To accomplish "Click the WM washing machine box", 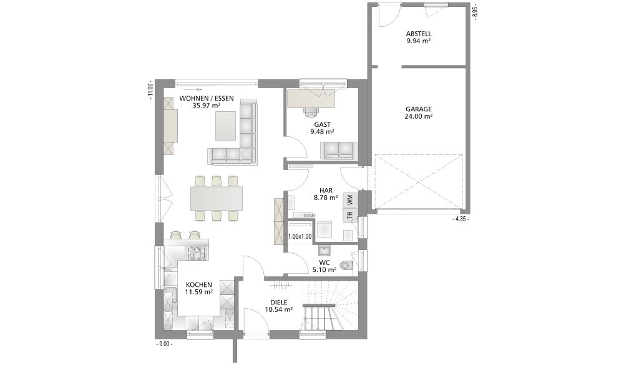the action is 351,199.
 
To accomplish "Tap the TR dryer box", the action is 351,215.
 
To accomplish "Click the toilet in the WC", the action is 346,264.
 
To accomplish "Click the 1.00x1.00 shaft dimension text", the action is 300,236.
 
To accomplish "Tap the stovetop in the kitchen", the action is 196,253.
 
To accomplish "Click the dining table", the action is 217,198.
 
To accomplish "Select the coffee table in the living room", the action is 226,126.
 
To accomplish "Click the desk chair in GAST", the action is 311,111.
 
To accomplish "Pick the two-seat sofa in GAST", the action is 339,150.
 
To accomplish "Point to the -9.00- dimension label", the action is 163,344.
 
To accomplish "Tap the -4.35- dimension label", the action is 461,219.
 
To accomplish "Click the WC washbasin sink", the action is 324,250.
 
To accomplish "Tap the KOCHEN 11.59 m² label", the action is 198,288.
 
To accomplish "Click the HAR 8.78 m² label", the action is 326,194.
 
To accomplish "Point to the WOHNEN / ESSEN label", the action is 207,98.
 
